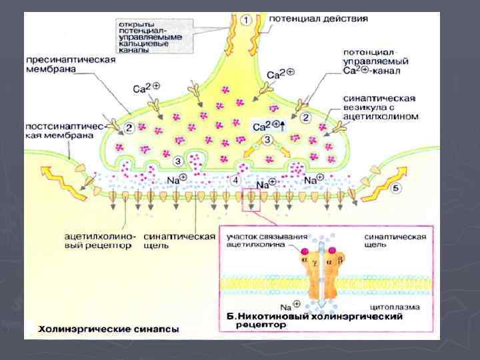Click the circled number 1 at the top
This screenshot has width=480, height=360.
(246, 20)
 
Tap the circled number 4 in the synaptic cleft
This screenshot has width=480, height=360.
(235, 180)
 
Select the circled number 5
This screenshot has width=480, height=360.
(396, 189)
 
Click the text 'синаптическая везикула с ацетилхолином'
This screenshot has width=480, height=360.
(379, 107)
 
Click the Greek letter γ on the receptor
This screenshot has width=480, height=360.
(315, 264)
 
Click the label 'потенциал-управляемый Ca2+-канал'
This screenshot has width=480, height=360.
(377, 61)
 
